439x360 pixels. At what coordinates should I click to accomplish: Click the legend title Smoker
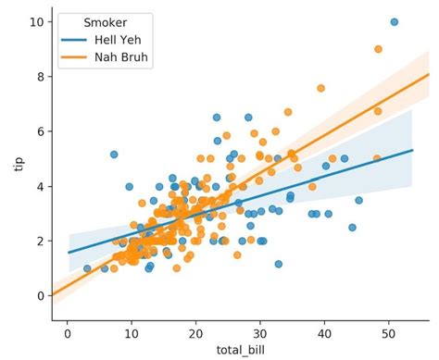point(103,21)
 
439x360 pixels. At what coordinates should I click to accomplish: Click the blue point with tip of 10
point(394,22)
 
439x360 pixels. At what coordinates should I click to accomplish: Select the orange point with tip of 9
point(378,49)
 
